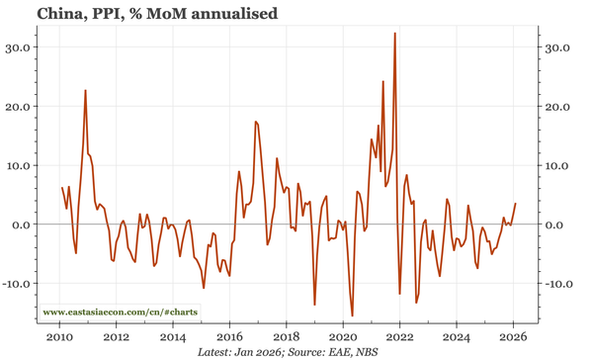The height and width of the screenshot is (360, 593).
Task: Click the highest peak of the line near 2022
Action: (x=395, y=34)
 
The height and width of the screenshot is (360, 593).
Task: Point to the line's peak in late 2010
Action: (x=85, y=91)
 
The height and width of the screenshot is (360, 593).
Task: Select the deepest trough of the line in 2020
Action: (x=352, y=315)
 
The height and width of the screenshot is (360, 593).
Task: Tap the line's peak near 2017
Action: (x=255, y=122)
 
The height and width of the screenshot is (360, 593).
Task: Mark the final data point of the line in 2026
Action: (x=515, y=204)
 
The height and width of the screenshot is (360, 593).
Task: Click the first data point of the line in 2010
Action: (x=62, y=187)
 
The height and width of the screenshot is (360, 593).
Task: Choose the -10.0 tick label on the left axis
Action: (x=18, y=284)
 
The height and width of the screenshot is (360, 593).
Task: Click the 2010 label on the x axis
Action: (x=59, y=336)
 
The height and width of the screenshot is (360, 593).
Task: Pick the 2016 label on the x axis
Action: (x=229, y=336)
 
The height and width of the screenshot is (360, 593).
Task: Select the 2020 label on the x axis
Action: (x=343, y=336)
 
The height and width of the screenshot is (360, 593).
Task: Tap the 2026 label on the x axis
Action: (x=513, y=336)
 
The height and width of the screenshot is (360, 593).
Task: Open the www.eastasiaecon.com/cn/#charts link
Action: (x=120, y=313)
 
